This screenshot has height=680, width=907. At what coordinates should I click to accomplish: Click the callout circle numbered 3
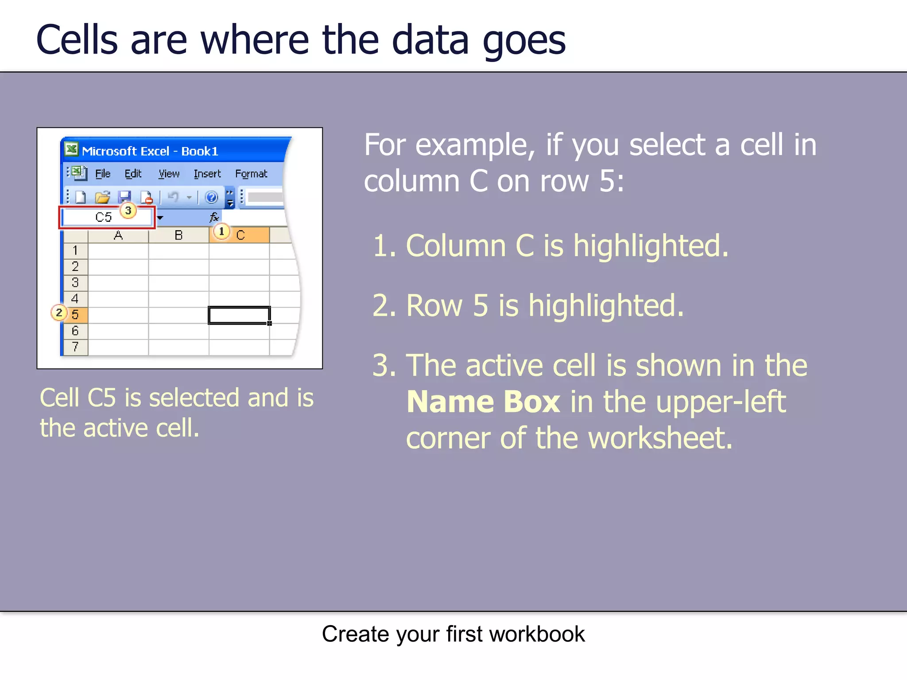pyautogui.click(x=128, y=210)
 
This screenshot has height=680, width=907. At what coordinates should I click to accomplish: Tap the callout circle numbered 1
pyautogui.click(x=221, y=231)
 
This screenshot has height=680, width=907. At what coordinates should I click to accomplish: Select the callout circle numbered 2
pyautogui.click(x=59, y=313)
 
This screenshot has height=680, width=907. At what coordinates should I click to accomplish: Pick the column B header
pyautogui.click(x=178, y=235)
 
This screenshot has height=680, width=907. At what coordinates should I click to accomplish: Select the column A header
pyautogui.click(x=118, y=235)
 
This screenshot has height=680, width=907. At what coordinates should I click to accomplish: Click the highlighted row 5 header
pyautogui.click(x=75, y=315)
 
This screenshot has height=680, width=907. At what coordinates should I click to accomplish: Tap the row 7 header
pyautogui.click(x=75, y=347)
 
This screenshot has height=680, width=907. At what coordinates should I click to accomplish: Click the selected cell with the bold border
pyautogui.click(x=239, y=315)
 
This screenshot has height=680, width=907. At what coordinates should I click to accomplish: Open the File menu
pyautogui.click(x=103, y=174)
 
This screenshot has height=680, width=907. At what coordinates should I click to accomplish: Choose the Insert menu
pyautogui.click(x=207, y=174)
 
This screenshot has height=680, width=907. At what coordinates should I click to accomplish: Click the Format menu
pyautogui.click(x=251, y=174)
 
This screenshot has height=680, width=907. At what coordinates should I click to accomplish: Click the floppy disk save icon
pyautogui.click(x=124, y=197)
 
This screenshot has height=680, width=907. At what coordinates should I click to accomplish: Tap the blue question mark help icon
pyautogui.click(x=211, y=197)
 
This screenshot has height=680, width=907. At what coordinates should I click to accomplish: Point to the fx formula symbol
pyautogui.click(x=214, y=217)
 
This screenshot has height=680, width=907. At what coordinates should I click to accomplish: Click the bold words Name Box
pyautogui.click(x=483, y=402)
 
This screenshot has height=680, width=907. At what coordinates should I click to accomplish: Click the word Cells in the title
pyautogui.click(x=77, y=40)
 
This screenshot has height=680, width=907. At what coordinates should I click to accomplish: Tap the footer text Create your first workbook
pyautogui.click(x=453, y=634)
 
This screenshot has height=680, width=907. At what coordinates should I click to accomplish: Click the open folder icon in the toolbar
pyautogui.click(x=102, y=197)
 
